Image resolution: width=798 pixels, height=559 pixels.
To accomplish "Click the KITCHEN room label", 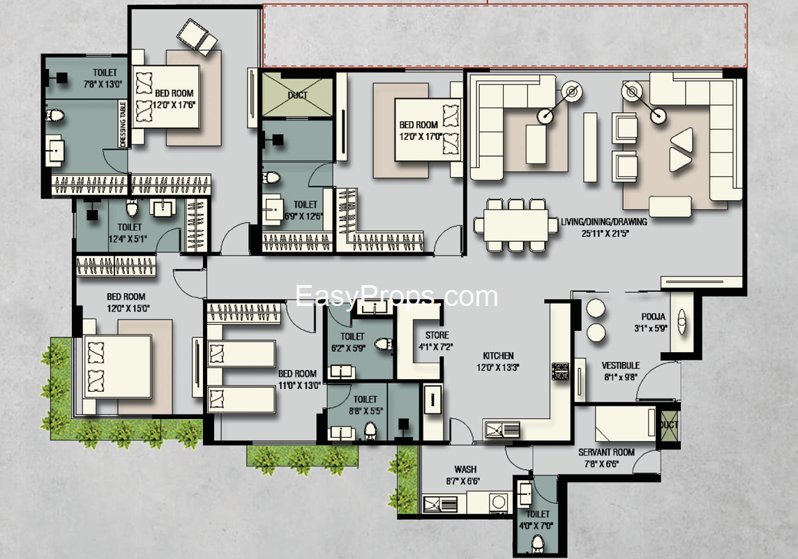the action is pyautogui.click(x=498, y=355).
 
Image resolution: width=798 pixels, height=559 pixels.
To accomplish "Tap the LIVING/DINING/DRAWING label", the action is pyautogui.click(x=604, y=222).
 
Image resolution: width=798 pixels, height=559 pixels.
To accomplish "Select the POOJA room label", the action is pyautogui.click(x=653, y=316).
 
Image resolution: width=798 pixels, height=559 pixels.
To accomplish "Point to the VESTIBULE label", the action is pyautogui.click(x=620, y=365).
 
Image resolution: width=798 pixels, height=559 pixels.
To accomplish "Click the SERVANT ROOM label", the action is pyautogui.click(x=606, y=452).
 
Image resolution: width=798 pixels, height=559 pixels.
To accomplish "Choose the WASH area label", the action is pyautogui.click(x=465, y=469).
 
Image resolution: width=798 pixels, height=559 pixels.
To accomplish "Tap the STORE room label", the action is pyautogui.click(x=437, y=335).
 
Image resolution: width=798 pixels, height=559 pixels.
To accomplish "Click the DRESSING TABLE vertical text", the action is pyautogui.click(x=122, y=124).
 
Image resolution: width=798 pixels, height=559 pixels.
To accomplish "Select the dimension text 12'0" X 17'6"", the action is pyautogui.click(x=174, y=105).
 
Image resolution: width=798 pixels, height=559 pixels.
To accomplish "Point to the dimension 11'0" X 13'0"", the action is pyautogui.click(x=299, y=385).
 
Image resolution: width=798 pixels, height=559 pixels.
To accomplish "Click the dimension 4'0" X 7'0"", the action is pyautogui.click(x=536, y=526).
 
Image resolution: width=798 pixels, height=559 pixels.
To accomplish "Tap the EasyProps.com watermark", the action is pyautogui.click(x=396, y=296).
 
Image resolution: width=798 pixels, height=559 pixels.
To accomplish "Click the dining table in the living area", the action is pyautogui.click(x=515, y=225).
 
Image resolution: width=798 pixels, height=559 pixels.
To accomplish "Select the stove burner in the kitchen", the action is pyautogui.click(x=560, y=370).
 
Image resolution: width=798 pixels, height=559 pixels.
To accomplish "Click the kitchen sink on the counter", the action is pyautogui.click(x=502, y=430).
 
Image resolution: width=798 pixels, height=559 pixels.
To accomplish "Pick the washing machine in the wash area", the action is pyautogui.click(x=499, y=503).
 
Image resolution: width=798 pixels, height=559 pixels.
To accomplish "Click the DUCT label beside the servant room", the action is pyautogui.click(x=668, y=424).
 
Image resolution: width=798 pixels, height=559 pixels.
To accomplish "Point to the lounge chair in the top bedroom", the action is pyautogui.click(x=197, y=37).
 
